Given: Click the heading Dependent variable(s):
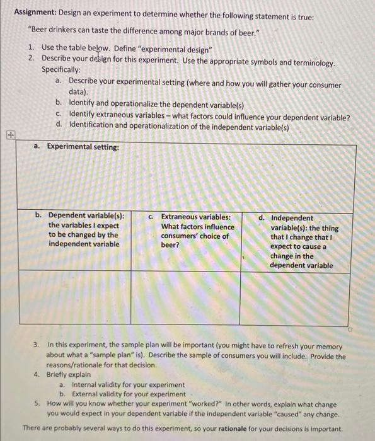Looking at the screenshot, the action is tap(86, 216).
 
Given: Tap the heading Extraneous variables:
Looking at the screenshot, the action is tap(196, 216).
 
